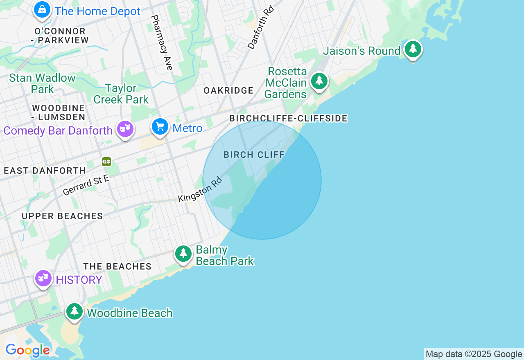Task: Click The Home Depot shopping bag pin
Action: pyautogui.click(x=42, y=10)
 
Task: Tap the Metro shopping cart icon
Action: pyautogui.click(x=160, y=127)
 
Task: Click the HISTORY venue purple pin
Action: pyautogui.click(x=43, y=279)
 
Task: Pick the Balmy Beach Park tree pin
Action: pyautogui.click(x=183, y=254)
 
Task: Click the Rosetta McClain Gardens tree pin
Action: pyautogui.click(x=319, y=81)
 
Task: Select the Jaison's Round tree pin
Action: pyautogui.click(x=413, y=49)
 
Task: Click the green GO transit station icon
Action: pyautogui.click(x=106, y=162)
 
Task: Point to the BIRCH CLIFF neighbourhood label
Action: pyautogui.click(x=254, y=155)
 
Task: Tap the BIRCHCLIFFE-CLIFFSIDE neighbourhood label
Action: pyautogui.click(x=288, y=119)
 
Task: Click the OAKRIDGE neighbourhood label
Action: pyautogui.click(x=228, y=91)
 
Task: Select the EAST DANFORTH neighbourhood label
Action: pyautogui.click(x=45, y=171)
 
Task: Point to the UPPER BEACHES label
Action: pyautogui.click(x=62, y=216)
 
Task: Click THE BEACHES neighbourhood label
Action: pyautogui.click(x=117, y=267)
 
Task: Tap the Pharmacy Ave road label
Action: pyautogui.click(x=162, y=43)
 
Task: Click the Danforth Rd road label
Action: pyautogui.click(x=260, y=27)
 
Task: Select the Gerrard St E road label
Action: pyautogui.click(x=86, y=185)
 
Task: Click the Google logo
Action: pyautogui.click(x=27, y=351)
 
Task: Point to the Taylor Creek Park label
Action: pyautogui.click(x=121, y=94)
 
